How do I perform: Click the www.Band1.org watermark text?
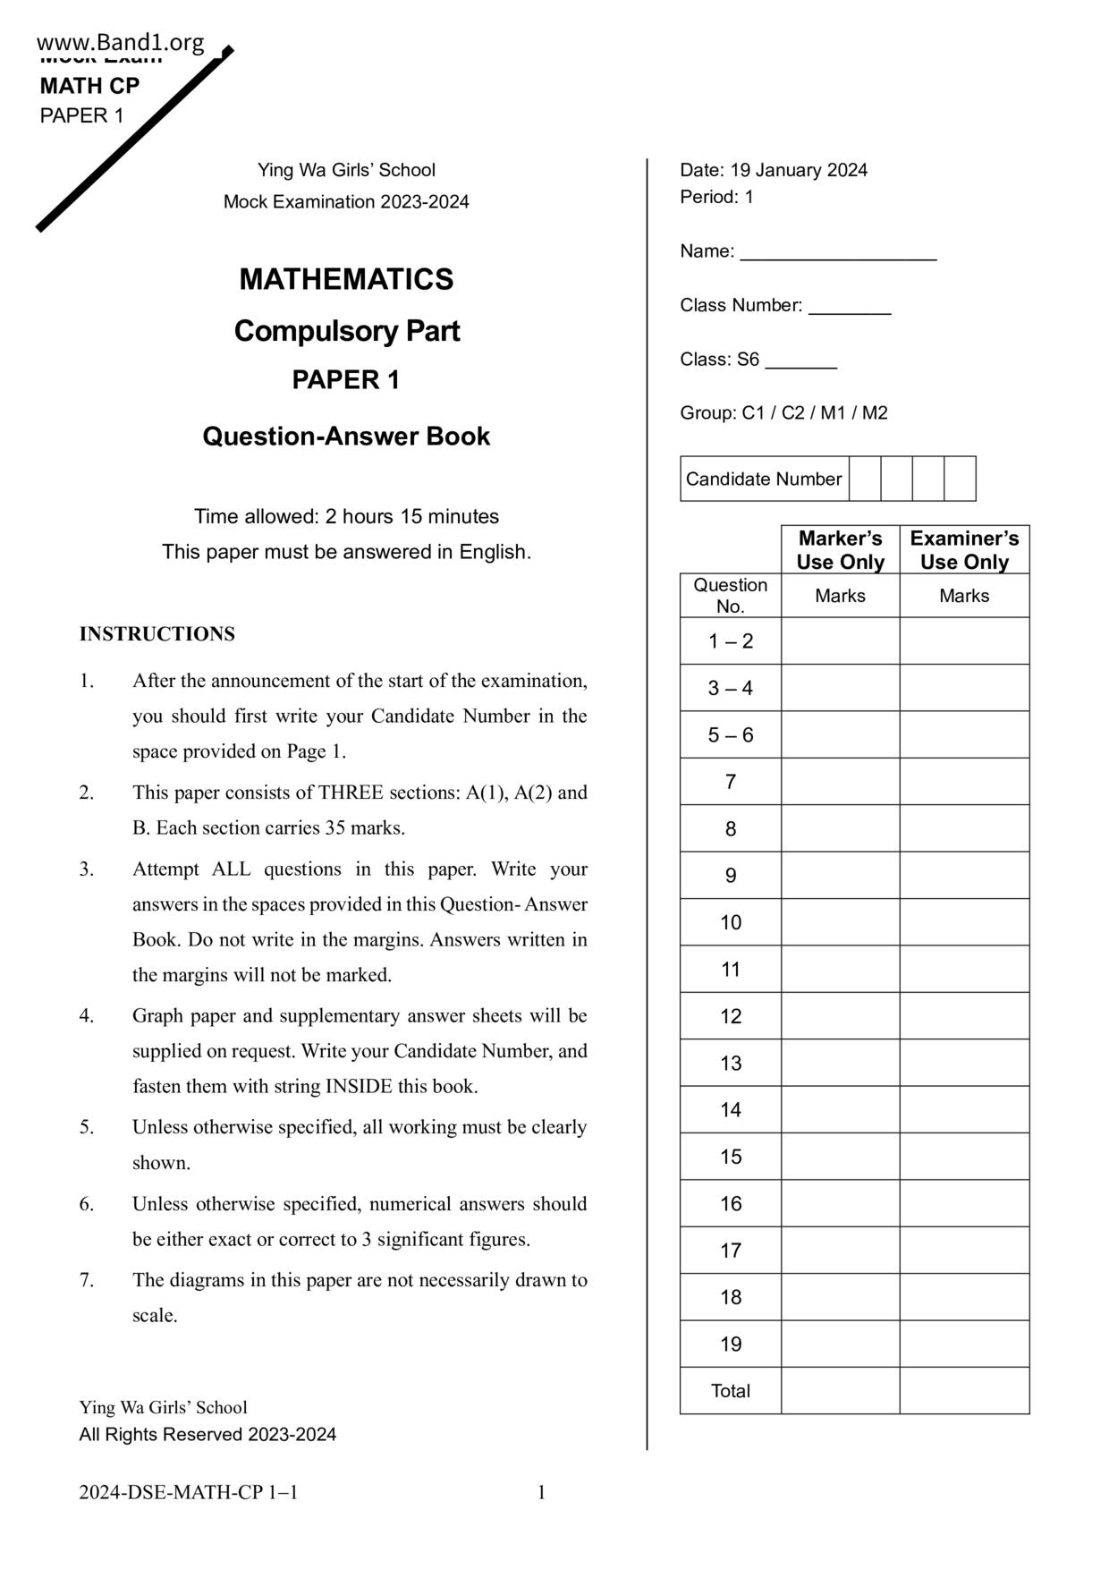click(121, 42)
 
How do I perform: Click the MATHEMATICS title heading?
click(346, 279)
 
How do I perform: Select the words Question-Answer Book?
click(346, 437)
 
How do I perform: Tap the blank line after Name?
click(838, 253)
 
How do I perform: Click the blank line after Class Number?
click(850, 307)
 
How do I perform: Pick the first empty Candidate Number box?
click(865, 479)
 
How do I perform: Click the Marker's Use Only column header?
click(840, 550)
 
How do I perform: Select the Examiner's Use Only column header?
click(964, 550)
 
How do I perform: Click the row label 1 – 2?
click(731, 641)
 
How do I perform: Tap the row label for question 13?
click(731, 1064)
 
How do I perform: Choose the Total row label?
click(731, 1391)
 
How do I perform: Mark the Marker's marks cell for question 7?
click(840, 782)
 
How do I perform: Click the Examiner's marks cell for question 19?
click(964, 1344)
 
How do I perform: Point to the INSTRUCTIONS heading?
click(157, 634)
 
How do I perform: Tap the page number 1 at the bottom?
click(541, 1492)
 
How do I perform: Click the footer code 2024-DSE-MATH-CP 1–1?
click(188, 1492)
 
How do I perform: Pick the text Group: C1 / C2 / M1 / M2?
click(783, 413)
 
